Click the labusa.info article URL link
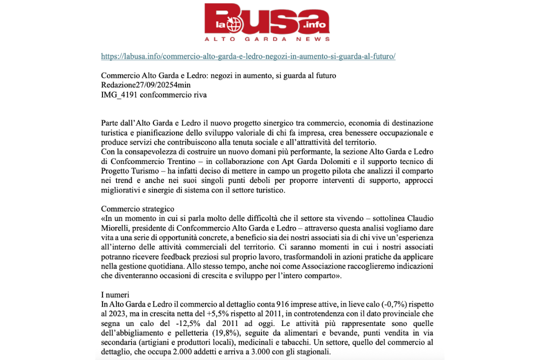pos(248,56)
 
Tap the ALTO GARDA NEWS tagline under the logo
pos(267,38)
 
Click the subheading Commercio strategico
pos(137,208)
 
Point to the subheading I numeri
pos(115,295)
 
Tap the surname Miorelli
pos(116,228)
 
